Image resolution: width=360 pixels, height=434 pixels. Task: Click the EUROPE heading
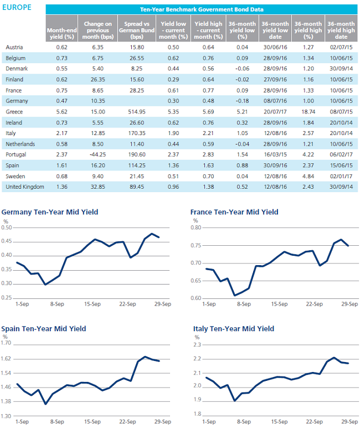click(x=17, y=8)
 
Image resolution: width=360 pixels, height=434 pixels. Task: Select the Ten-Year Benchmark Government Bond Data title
click(x=202, y=9)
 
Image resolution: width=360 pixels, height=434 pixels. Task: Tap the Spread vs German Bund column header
click(x=137, y=30)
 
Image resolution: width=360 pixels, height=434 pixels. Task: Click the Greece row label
click(x=14, y=112)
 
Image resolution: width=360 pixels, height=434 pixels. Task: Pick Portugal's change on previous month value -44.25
click(x=97, y=154)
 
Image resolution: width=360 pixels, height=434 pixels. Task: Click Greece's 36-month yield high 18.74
click(x=308, y=112)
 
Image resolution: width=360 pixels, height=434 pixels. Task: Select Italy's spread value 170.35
click(x=137, y=133)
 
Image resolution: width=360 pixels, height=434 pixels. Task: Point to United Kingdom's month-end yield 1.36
click(x=62, y=187)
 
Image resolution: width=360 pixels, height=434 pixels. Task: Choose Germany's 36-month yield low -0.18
click(x=243, y=101)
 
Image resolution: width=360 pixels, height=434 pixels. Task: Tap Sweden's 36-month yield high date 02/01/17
click(x=341, y=176)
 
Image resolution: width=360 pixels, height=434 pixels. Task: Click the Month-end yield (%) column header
click(x=62, y=33)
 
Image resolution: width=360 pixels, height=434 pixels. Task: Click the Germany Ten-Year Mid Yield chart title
click(x=50, y=212)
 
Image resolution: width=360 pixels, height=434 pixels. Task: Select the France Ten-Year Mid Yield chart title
click(x=234, y=212)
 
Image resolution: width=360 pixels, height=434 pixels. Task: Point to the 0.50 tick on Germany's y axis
click(x=7, y=228)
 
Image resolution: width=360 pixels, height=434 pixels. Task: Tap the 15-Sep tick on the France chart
click(x=279, y=304)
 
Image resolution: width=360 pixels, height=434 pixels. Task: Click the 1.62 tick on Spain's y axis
click(x=6, y=359)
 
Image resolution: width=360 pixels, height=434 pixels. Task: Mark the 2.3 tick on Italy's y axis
click(x=197, y=344)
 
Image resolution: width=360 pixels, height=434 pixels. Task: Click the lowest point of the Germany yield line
click(x=45, y=285)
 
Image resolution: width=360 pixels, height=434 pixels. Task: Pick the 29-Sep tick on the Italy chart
click(x=349, y=422)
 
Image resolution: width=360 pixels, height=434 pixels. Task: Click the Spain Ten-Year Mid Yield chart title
click(x=44, y=329)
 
